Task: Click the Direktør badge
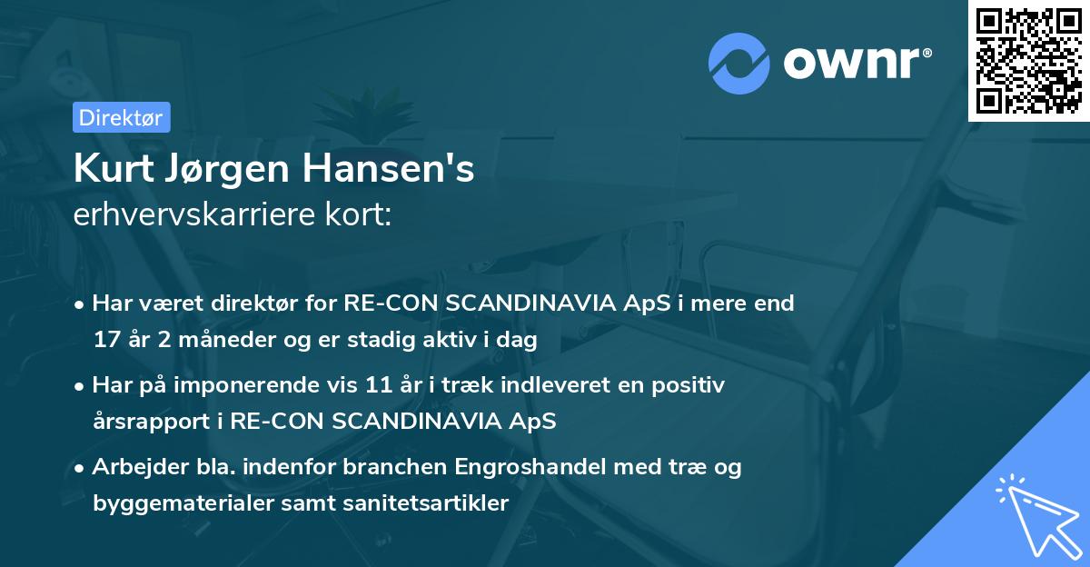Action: pyautogui.click(x=121, y=118)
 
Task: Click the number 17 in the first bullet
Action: pyautogui.click(x=105, y=341)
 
